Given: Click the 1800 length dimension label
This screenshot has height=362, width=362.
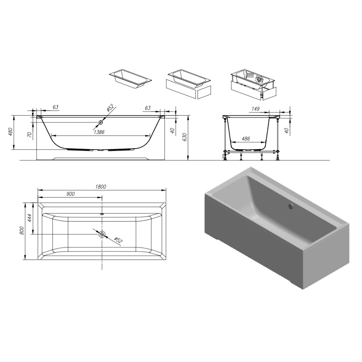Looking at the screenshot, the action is [x=101, y=187].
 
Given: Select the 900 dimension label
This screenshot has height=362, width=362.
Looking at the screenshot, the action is [x=70, y=194].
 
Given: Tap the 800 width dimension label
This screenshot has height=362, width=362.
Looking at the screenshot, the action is [x=22, y=231].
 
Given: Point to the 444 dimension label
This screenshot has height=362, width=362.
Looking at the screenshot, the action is [x=30, y=218].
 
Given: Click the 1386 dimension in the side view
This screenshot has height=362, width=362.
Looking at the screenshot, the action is [x=99, y=132].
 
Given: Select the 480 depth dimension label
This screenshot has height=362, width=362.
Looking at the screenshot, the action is [x=11, y=132].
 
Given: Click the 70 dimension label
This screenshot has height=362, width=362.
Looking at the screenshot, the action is [x=29, y=135].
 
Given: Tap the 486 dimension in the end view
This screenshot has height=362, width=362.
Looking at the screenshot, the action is [x=246, y=139].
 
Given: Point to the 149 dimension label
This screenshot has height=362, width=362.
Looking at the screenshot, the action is [x=255, y=109].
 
